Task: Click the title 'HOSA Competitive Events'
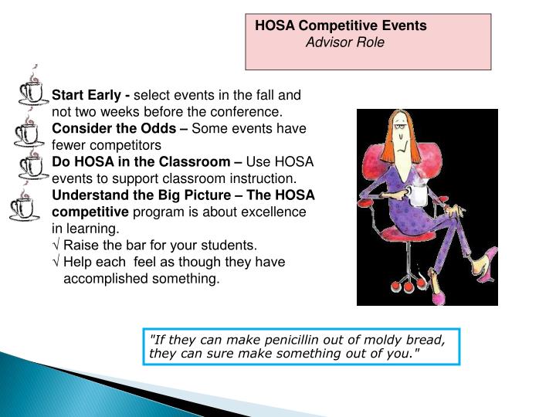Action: click(341, 25)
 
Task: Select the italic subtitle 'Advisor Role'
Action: click(344, 42)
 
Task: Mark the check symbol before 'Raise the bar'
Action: click(56, 246)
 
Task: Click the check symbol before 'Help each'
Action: click(56, 263)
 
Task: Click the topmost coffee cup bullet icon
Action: click(32, 90)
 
